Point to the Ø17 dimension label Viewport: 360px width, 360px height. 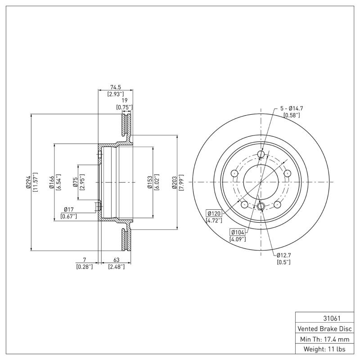click(x=69, y=209)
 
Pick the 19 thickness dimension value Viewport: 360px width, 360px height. click(x=123, y=101)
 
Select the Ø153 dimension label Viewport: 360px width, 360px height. click(x=150, y=182)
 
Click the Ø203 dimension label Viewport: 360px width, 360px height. click(x=174, y=182)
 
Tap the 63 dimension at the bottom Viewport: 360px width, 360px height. click(x=116, y=260)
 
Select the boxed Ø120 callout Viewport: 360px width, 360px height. click(x=214, y=213)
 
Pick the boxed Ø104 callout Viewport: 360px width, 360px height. click(x=238, y=232)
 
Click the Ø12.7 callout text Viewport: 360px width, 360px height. click(x=285, y=255)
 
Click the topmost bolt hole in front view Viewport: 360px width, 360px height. click(x=261, y=155)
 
